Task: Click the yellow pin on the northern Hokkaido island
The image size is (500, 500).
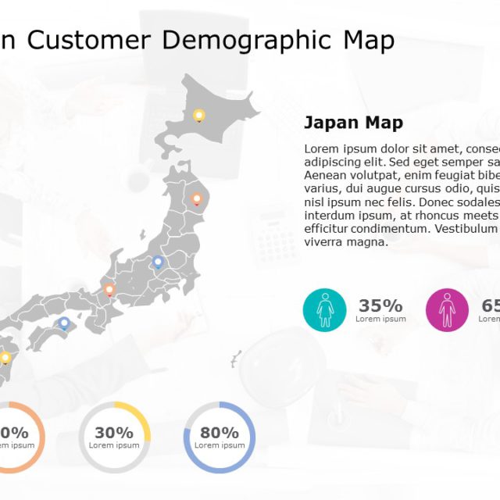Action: coord(199,116)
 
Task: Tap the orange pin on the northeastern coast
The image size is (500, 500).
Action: coord(197,198)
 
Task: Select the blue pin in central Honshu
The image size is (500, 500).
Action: coord(158,262)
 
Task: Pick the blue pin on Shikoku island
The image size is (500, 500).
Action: coord(64,322)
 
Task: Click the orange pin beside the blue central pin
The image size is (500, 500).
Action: coord(109,290)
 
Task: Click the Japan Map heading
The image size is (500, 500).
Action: coord(353,123)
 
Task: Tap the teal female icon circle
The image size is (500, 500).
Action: coord(325,310)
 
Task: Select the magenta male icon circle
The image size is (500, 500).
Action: coord(447,310)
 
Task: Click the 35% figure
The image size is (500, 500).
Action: coord(380,305)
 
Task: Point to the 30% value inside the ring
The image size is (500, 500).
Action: coord(114,433)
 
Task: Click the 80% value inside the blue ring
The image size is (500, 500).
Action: coord(219,433)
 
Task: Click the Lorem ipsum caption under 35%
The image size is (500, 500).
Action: coord(380,319)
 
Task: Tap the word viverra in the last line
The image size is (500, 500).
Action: coord(324,241)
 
